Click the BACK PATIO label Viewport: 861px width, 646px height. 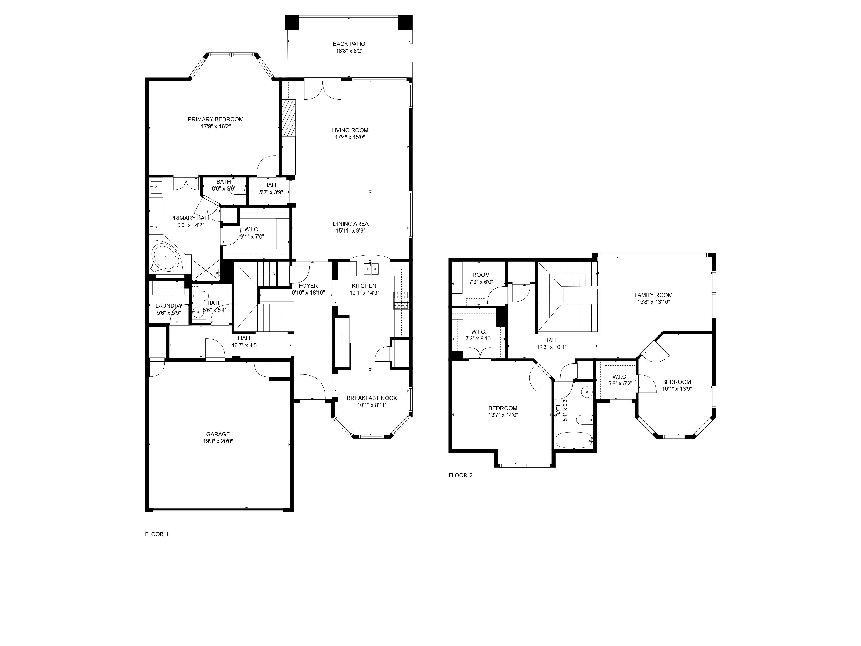349,44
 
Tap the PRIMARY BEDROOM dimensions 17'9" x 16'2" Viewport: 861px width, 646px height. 216,126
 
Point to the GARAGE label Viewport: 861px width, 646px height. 218,434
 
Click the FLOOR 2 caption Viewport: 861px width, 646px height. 460,475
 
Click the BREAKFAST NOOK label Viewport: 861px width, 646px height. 372,398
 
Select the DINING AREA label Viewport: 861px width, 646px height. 350,224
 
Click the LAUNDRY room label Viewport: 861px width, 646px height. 169,306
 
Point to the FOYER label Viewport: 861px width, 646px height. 308,286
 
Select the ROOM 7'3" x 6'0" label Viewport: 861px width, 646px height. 481,275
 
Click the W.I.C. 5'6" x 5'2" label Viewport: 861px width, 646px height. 620,377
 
